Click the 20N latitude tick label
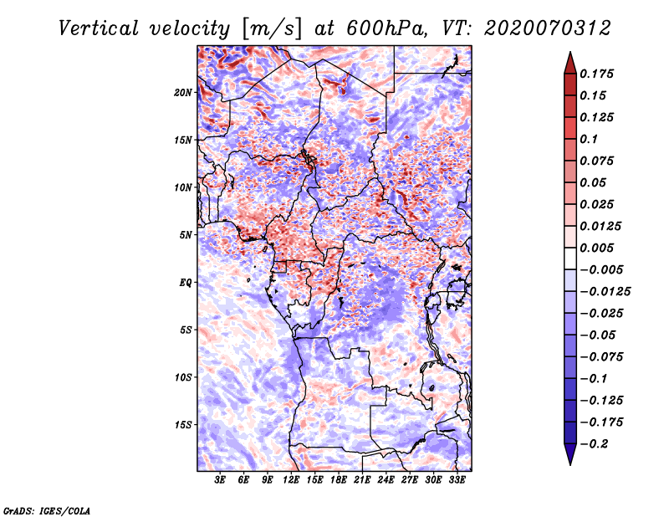(184, 92)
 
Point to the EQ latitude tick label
(186, 283)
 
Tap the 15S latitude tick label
(184, 425)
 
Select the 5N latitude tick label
(186, 235)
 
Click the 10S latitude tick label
(184, 377)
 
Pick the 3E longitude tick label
(221, 480)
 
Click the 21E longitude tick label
(363, 480)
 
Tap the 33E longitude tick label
(457, 480)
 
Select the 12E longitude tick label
(292, 480)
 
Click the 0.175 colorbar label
(598, 74)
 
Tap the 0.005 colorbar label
(598, 248)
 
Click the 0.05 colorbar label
(594, 182)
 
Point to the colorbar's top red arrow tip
(569, 54)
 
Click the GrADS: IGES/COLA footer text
(47, 509)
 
